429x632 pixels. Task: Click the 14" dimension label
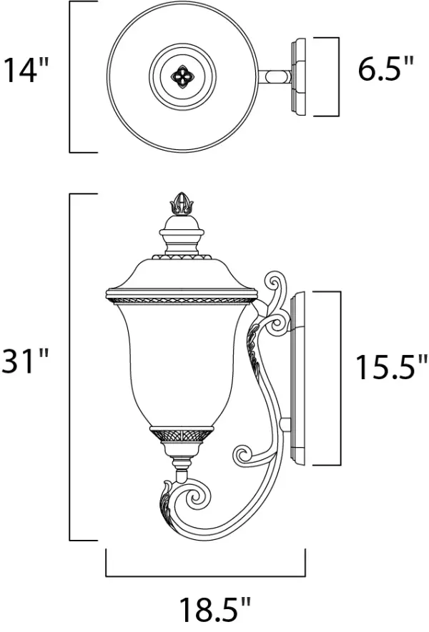(x=27, y=71)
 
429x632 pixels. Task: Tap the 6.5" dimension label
(x=386, y=71)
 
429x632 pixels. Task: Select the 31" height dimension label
(x=27, y=362)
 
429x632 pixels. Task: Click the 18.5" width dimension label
(x=214, y=611)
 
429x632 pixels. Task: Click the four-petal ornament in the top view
(x=179, y=76)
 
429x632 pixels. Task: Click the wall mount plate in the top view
(x=299, y=76)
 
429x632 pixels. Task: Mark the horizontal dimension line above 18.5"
(x=206, y=576)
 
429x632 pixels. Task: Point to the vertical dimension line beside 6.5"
(x=337, y=76)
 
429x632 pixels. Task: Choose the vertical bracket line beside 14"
(x=70, y=76)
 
